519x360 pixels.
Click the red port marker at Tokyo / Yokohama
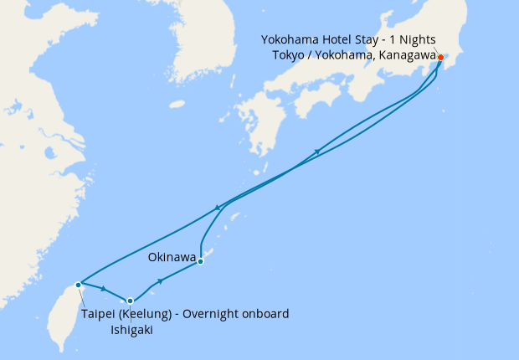441,57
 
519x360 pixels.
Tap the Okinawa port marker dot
201,261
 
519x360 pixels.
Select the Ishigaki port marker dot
130,301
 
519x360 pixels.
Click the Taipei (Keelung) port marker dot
78,285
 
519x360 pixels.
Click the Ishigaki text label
131,330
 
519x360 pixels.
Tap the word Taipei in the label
100,314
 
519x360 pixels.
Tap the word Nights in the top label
414,39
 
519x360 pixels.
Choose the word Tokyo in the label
290,54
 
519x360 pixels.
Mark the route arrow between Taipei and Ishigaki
103,290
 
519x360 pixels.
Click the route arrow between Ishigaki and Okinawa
160,281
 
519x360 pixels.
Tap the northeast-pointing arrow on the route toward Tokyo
318,152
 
